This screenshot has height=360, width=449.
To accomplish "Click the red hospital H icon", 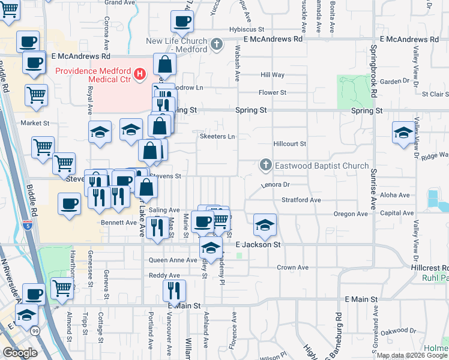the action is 139,74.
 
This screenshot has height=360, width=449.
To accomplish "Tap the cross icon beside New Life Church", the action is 217,44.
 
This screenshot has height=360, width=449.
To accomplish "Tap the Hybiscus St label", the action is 247,29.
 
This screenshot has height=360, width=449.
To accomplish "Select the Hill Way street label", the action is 273,75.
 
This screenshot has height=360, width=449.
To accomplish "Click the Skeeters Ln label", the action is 217,136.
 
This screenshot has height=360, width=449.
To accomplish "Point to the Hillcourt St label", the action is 289,144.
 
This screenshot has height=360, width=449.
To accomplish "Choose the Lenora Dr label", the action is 276,185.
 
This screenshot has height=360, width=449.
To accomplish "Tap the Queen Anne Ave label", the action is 173,260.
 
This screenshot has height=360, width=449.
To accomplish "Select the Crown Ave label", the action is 292,267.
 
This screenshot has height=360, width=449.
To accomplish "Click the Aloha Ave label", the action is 395,195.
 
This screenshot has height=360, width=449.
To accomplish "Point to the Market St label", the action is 35,123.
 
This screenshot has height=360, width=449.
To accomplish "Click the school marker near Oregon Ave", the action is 265,225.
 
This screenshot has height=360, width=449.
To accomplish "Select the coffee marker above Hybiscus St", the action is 182,21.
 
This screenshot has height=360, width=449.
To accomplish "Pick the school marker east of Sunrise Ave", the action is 403,133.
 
